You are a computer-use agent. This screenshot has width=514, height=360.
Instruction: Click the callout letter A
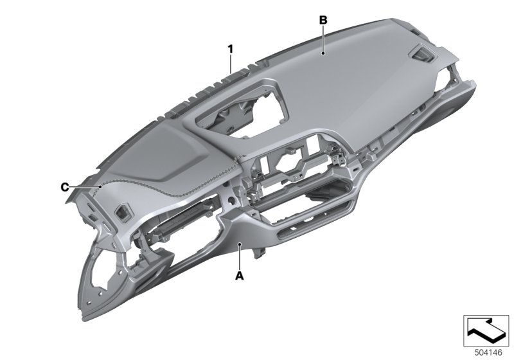(240, 276)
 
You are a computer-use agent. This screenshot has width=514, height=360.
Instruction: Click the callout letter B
(323, 21)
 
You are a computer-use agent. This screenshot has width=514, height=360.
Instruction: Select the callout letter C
(65, 187)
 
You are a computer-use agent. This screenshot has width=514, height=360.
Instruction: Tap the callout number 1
(231, 50)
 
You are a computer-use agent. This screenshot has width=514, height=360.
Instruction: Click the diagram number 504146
(488, 352)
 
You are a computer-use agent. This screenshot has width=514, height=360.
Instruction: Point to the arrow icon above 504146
(486, 330)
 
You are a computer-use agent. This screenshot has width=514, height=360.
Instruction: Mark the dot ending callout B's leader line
(323, 53)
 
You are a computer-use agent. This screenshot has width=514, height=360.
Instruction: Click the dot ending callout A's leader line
(240, 244)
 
